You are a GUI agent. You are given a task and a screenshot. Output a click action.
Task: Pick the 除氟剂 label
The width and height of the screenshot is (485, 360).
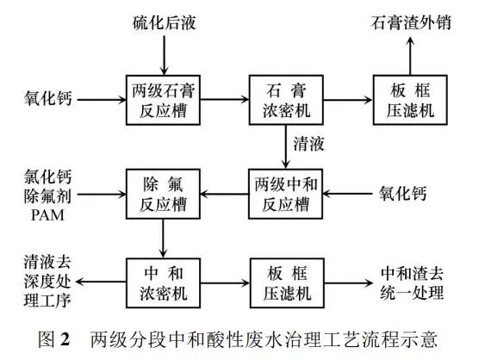[x=45, y=192]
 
